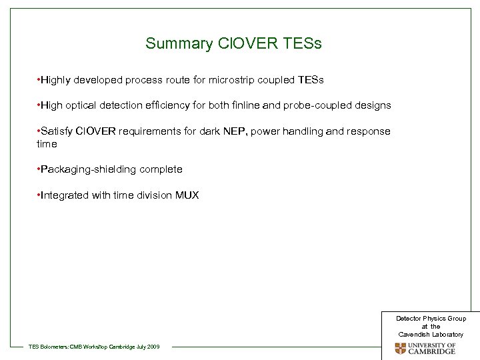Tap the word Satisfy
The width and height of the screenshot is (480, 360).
(x=56, y=131)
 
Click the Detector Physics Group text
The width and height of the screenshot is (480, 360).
(x=431, y=319)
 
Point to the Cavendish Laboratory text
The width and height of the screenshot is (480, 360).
(x=431, y=333)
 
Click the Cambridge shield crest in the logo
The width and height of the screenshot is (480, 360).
(x=400, y=348)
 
